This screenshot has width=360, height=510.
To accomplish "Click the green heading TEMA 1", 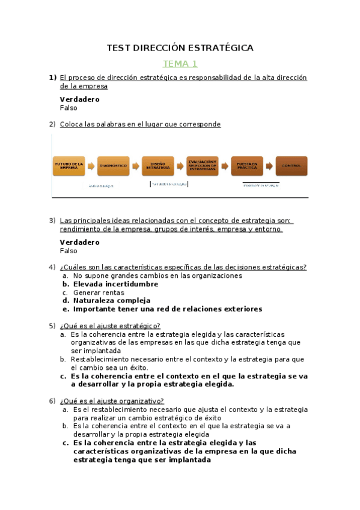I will tap(180, 64).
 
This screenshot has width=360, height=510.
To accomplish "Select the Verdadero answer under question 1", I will tap(80, 100).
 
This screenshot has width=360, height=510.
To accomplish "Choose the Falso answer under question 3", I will tap(69, 251).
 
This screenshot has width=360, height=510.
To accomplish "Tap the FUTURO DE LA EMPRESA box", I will tap(69, 166).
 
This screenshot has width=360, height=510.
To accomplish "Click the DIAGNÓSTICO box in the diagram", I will tap(113, 166).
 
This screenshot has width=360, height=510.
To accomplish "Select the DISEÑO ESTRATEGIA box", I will tap(157, 166).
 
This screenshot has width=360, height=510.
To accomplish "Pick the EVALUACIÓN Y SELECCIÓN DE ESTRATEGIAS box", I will tap(202, 166).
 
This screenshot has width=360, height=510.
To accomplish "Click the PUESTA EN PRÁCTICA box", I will tap(246, 166).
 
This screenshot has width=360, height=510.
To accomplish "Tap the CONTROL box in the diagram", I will tap(291, 166).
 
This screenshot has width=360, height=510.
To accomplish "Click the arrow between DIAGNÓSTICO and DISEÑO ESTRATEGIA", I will tap(135, 166).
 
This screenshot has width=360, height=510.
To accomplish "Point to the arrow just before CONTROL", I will tap(269, 166).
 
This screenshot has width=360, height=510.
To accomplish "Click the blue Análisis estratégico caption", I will tap(101, 186).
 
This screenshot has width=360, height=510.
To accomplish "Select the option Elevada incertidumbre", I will tap(115, 284).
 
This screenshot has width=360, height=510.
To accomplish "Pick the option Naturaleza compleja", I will tap(111, 301).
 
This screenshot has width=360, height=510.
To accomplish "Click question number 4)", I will tap(52, 268).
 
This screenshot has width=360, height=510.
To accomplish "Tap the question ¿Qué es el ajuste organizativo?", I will tap(112, 401).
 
